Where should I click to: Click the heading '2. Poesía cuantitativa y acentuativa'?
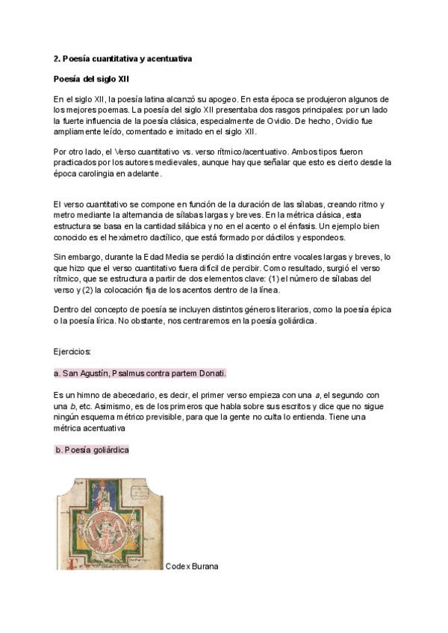pyautogui.click(x=123, y=58)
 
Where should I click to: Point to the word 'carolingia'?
pyautogui.click(x=87, y=174)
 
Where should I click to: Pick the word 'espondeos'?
pyautogui.click(x=323, y=237)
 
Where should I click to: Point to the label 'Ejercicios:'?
pyautogui.click(x=72, y=350)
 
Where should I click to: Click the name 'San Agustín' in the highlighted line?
pyautogui.click(x=84, y=372)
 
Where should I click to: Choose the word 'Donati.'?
pyautogui.click(x=211, y=372)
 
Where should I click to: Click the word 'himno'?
pyautogui.click(x=89, y=394)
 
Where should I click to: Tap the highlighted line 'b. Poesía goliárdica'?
pyautogui.click(x=92, y=449)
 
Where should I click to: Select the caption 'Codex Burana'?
pyautogui.click(x=192, y=567)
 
